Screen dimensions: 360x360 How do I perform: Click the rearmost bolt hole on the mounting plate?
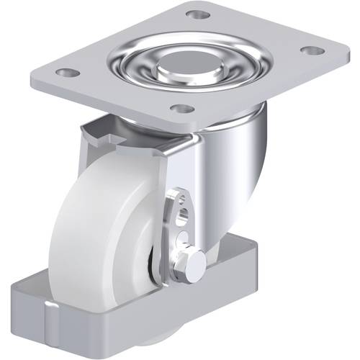click(x=198, y=14)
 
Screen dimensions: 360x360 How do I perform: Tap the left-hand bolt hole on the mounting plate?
click(x=66, y=73)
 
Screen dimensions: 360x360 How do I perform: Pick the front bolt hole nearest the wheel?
click(x=184, y=109)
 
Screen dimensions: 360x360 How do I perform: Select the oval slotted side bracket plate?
click(x=181, y=230)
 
